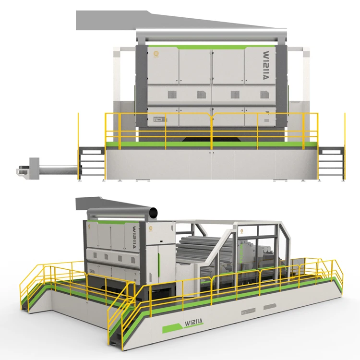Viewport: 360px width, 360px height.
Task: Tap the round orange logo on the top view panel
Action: (156, 55)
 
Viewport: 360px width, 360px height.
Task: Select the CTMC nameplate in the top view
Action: (159, 119)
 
